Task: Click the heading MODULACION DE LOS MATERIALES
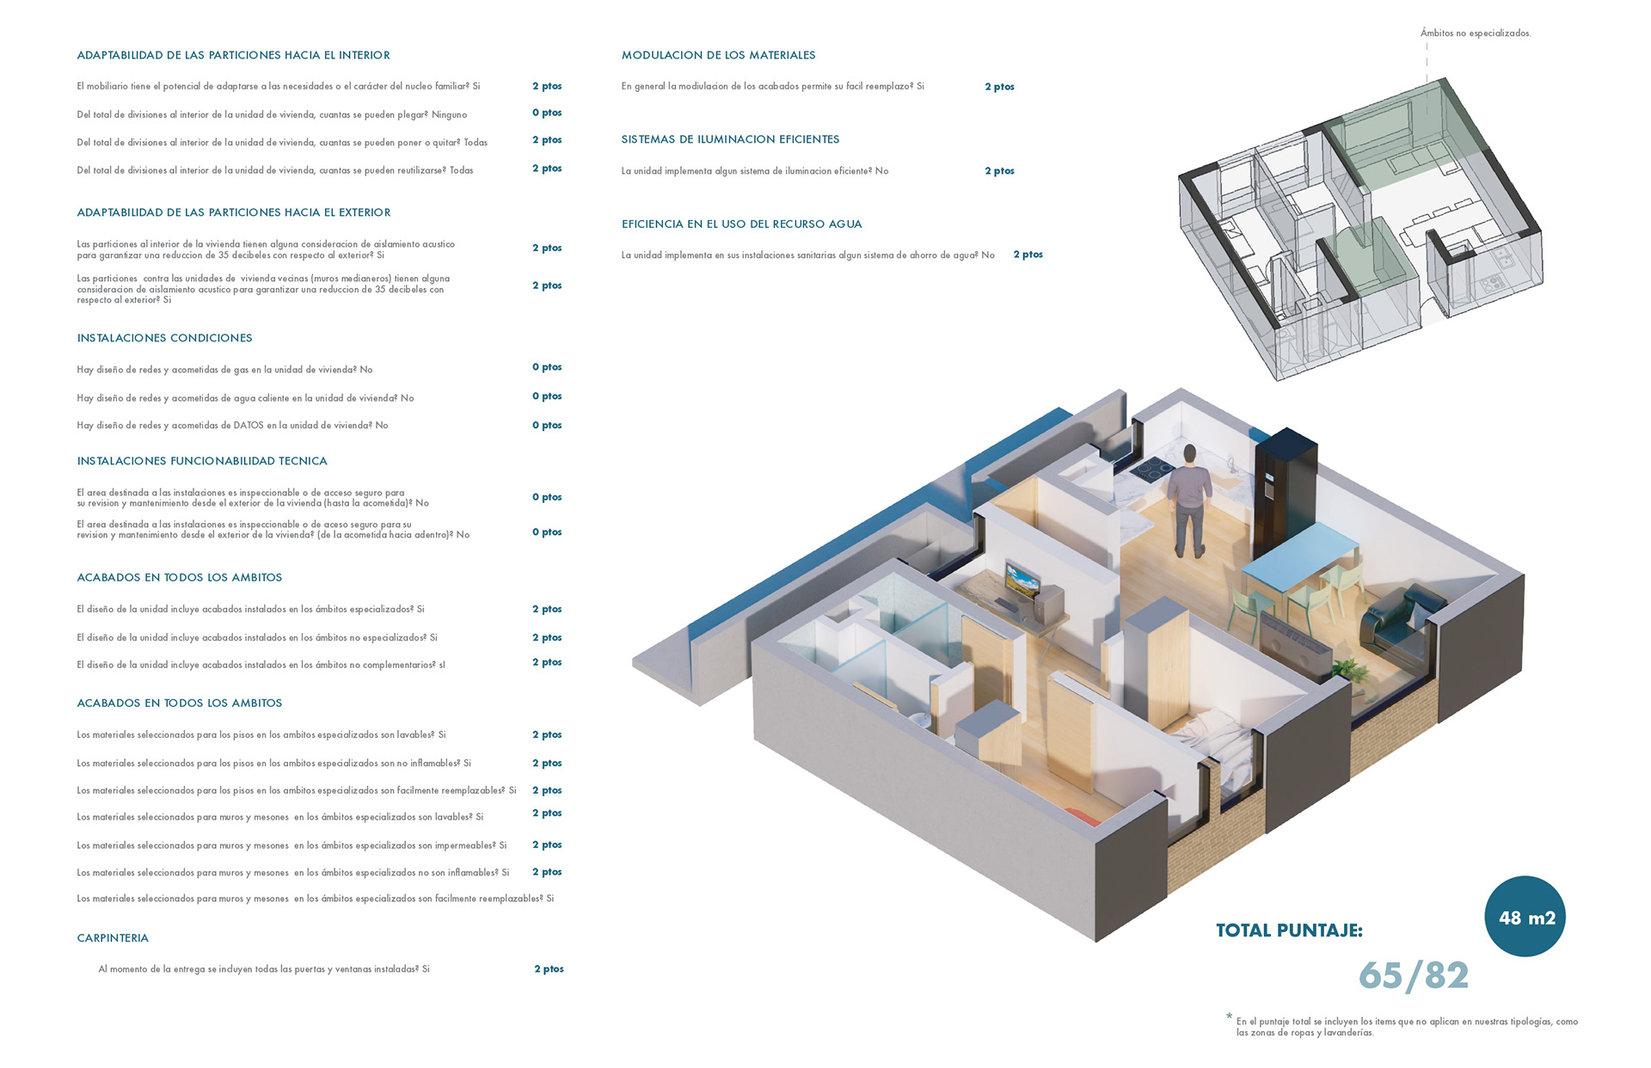coord(718,55)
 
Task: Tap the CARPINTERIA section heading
coord(113,938)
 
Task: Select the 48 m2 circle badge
coord(1525,917)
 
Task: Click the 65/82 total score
coord(1414,976)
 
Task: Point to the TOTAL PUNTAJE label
coord(1289,930)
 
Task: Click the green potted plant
coord(1347,670)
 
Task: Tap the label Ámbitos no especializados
coord(1475,34)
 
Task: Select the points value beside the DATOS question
coord(547,426)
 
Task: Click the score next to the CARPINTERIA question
coord(549,969)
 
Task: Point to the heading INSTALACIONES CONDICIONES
coord(164,338)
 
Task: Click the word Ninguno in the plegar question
coord(449,114)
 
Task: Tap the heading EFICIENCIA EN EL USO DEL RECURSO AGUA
coord(741,224)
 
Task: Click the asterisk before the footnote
coord(1229,1017)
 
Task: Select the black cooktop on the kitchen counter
coord(1152,470)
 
